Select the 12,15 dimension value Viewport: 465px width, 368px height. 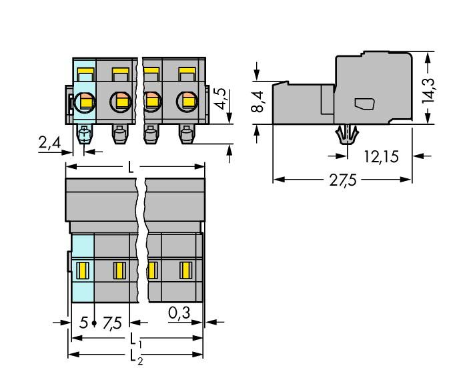(x=382, y=158)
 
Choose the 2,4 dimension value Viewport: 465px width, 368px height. (x=49, y=143)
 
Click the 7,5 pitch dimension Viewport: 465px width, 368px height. (x=113, y=325)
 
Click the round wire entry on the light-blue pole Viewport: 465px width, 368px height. (x=85, y=102)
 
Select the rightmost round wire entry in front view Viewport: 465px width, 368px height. (x=187, y=102)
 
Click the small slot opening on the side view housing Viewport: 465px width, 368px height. (x=364, y=104)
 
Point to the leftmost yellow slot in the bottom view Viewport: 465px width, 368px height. (x=83, y=270)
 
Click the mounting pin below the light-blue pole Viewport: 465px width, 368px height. (x=85, y=136)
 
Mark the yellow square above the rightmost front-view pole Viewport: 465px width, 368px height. (x=187, y=72)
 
